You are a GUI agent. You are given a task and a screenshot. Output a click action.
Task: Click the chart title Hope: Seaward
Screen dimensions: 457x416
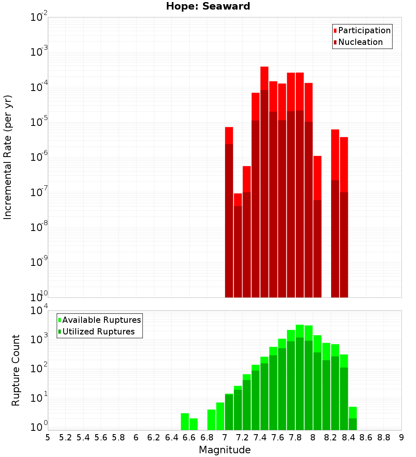pos(208,6)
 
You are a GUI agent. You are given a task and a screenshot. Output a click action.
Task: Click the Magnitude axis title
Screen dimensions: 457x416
pos(225,450)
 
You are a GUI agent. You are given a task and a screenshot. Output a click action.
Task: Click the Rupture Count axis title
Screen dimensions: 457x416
pos(16,370)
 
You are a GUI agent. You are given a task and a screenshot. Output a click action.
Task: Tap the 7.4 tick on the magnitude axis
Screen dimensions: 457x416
pos(260,437)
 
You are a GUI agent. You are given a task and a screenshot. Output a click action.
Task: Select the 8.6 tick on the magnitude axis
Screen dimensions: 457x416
pos(366,437)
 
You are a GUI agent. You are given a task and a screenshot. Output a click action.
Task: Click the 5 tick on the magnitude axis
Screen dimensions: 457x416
pos(48,437)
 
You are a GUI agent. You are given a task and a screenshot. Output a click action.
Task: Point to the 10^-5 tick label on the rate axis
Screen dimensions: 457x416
pos(39,123)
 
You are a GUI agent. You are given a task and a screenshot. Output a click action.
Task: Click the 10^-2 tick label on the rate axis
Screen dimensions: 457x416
pos(39,18)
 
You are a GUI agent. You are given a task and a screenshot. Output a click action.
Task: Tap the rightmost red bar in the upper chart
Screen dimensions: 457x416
pos(344,216)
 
